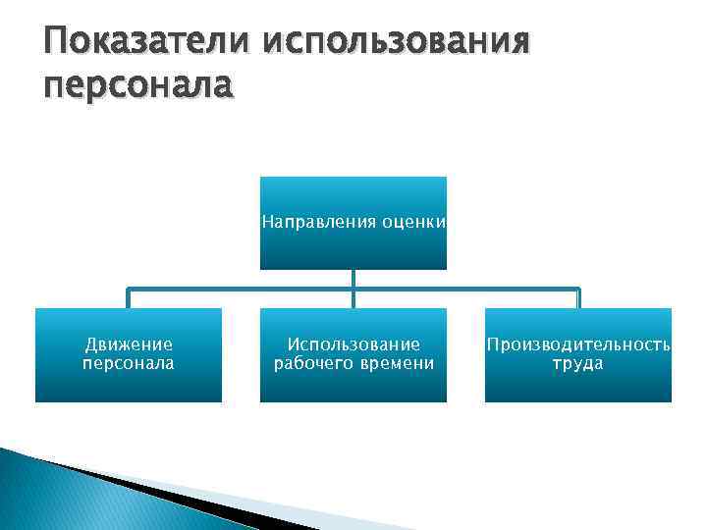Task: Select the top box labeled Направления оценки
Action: coord(353,245)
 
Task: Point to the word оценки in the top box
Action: coord(414,223)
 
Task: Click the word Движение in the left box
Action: coord(129,344)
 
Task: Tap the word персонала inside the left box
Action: coord(129,363)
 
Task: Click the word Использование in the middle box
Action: coord(353,344)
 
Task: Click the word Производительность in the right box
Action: coord(578,344)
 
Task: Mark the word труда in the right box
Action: coord(578,364)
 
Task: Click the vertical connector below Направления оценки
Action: coord(353,279)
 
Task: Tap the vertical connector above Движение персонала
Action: coord(129,298)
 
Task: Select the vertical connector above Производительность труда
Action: coord(578,298)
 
